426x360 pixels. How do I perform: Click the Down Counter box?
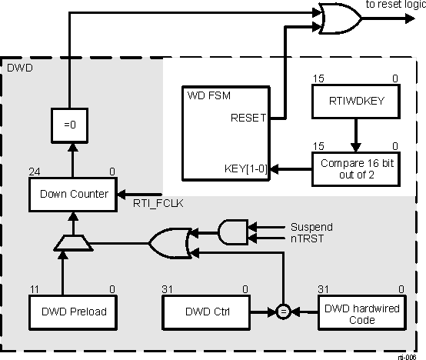pos(73,194)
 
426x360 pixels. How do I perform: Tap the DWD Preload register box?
pos(73,312)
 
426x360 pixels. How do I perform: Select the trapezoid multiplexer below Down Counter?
pos(74,244)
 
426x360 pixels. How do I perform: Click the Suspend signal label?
pos(311,227)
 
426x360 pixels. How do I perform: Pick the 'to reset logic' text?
pos(394,5)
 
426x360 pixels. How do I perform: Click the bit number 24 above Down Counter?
pos(34,171)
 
